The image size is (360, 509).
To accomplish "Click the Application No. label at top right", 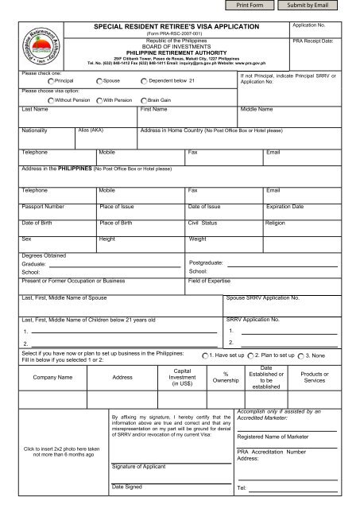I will click(x=313, y=26).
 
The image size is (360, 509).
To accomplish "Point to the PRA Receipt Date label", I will click(x=316, y=39).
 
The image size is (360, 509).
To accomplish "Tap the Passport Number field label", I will click(x=43, y=206).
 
